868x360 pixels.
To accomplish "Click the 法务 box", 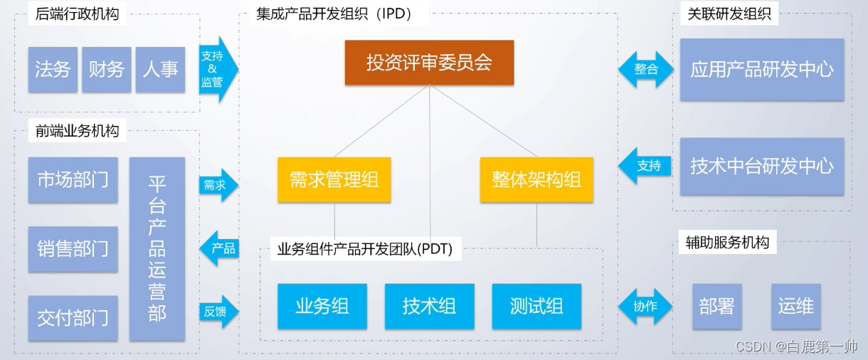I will (x=53, y=69).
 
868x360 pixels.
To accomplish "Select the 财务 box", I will (x=106, y=69).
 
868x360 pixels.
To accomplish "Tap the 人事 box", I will (x=160, y=69).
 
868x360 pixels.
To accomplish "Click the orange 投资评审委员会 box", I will (x=429, y=63).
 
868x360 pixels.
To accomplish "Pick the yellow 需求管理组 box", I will (x=334, y=179).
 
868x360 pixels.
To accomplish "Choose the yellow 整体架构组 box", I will (x=536, y=179).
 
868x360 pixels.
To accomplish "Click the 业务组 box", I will (x=322, y=306).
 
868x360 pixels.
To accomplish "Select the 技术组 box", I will (x=429, y=306).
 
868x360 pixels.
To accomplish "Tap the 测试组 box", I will (x=536, y=306).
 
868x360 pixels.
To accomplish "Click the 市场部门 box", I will (x=73, y=179).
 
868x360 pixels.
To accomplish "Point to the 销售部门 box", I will (x=73, y=248).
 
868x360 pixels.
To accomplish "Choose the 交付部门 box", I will (x=73, y=317).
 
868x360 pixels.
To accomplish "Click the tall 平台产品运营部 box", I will (x=157, y=249).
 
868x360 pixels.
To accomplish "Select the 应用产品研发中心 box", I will (x=761, y=69).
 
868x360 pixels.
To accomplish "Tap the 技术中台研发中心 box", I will (x=761, y=166).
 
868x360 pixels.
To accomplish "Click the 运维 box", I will (x=795, y=307).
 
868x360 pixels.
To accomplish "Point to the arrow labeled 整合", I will (x=645, y=69).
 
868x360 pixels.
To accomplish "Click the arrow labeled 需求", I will (x=218, y=186).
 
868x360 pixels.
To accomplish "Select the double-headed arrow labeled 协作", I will (x=645, y=307).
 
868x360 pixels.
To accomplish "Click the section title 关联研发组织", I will (x=729, y=13).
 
